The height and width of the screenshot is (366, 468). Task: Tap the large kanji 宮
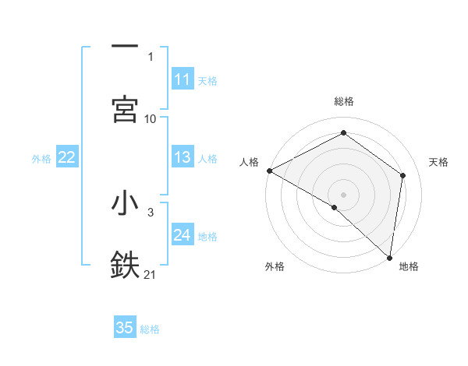tap(125, 108)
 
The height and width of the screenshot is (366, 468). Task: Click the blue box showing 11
tap(183, 79)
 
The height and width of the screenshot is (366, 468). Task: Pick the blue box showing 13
tap(183, 157)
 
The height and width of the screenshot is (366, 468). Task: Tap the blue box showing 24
tap(183, 235)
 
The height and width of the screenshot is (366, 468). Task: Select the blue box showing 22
tap(67, 157)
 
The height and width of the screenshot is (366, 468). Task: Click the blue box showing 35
tap(125, 328)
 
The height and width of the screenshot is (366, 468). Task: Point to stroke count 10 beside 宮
tap(151, 118)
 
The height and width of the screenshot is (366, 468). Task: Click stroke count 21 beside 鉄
tap(151, 274)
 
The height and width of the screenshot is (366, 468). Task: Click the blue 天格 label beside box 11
tap(207, 80)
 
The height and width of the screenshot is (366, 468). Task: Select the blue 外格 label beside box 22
tap(41, 158)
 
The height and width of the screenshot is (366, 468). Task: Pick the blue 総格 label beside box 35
tap(150, 329)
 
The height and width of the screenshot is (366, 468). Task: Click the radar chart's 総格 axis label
tap(344, 101)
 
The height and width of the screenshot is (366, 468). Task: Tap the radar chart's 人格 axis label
tap(250, 162)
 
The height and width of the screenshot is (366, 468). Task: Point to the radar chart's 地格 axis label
tap(409, 267)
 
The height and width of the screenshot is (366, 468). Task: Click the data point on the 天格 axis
tap(403, 175)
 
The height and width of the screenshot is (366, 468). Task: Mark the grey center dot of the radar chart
tap(343, 194)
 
